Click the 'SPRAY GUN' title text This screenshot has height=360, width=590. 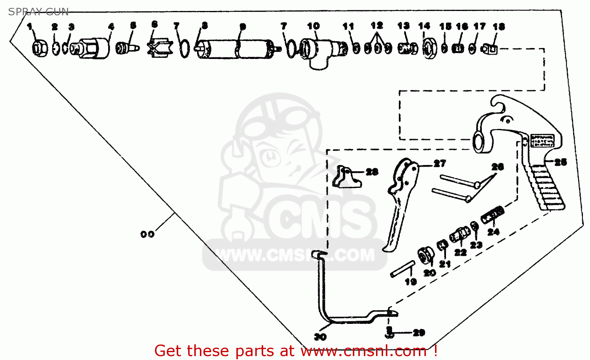coord(38,12)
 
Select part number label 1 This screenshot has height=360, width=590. coord(29,27)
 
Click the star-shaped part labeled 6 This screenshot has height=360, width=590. coord(160,47)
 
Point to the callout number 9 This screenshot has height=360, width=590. coord(243,27)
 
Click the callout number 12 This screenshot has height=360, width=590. coord(376,26)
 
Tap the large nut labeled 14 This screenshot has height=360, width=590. coord(429,48)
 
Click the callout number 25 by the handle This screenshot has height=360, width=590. coord(560,162)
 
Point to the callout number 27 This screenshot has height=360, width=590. coord(440,163)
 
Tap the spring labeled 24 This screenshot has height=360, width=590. coord(492,215)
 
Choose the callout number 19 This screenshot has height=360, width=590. coord(411,281)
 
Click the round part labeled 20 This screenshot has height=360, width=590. coord(425,255)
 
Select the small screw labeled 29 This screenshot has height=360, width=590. coord(389,332)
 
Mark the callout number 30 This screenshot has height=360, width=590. coord(320,337)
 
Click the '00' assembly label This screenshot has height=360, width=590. coord(147,234)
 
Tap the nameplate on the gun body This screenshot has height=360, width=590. coord(542,140)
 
